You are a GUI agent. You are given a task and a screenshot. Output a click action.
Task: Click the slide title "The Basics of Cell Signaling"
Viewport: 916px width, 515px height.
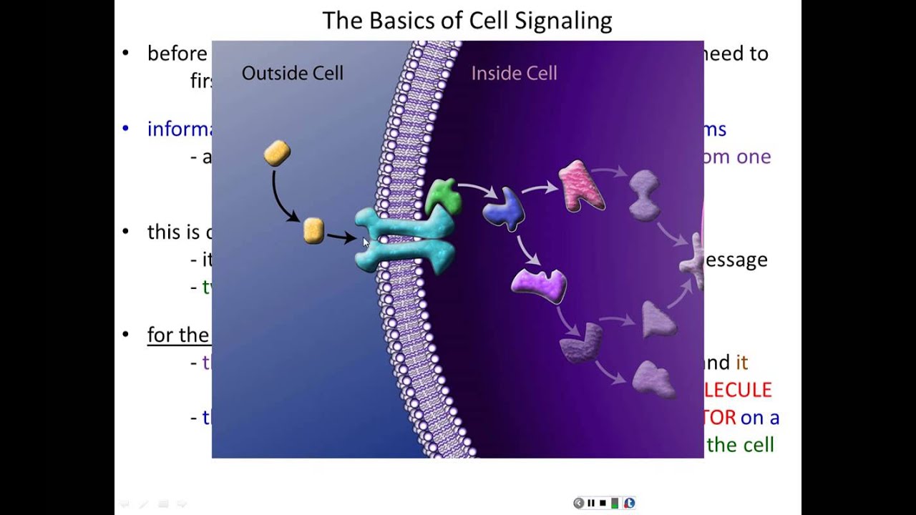point(467,21)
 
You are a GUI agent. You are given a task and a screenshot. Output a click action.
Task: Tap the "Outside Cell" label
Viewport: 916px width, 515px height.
point(292,73)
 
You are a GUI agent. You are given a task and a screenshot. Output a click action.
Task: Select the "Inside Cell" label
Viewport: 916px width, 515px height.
point(514,73)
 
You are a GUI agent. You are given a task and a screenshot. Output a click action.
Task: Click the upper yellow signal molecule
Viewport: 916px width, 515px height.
point(277,153)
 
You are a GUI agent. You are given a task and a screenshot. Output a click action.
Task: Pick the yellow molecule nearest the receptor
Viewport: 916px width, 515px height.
point(313,230)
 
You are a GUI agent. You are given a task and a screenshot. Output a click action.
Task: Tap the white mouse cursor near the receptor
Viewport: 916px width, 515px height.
point(366,243)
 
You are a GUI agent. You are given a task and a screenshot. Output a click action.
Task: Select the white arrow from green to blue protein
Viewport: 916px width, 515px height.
point(478,190)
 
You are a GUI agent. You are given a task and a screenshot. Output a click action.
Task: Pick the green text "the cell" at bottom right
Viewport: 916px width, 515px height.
point(740,445)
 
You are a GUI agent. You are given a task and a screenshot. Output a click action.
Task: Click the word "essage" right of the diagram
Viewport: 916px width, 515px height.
point(736,260)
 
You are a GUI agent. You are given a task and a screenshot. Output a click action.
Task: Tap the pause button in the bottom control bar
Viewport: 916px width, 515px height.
point(591,503)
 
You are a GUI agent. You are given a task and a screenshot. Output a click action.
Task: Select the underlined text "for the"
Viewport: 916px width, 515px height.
point(178,335)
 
